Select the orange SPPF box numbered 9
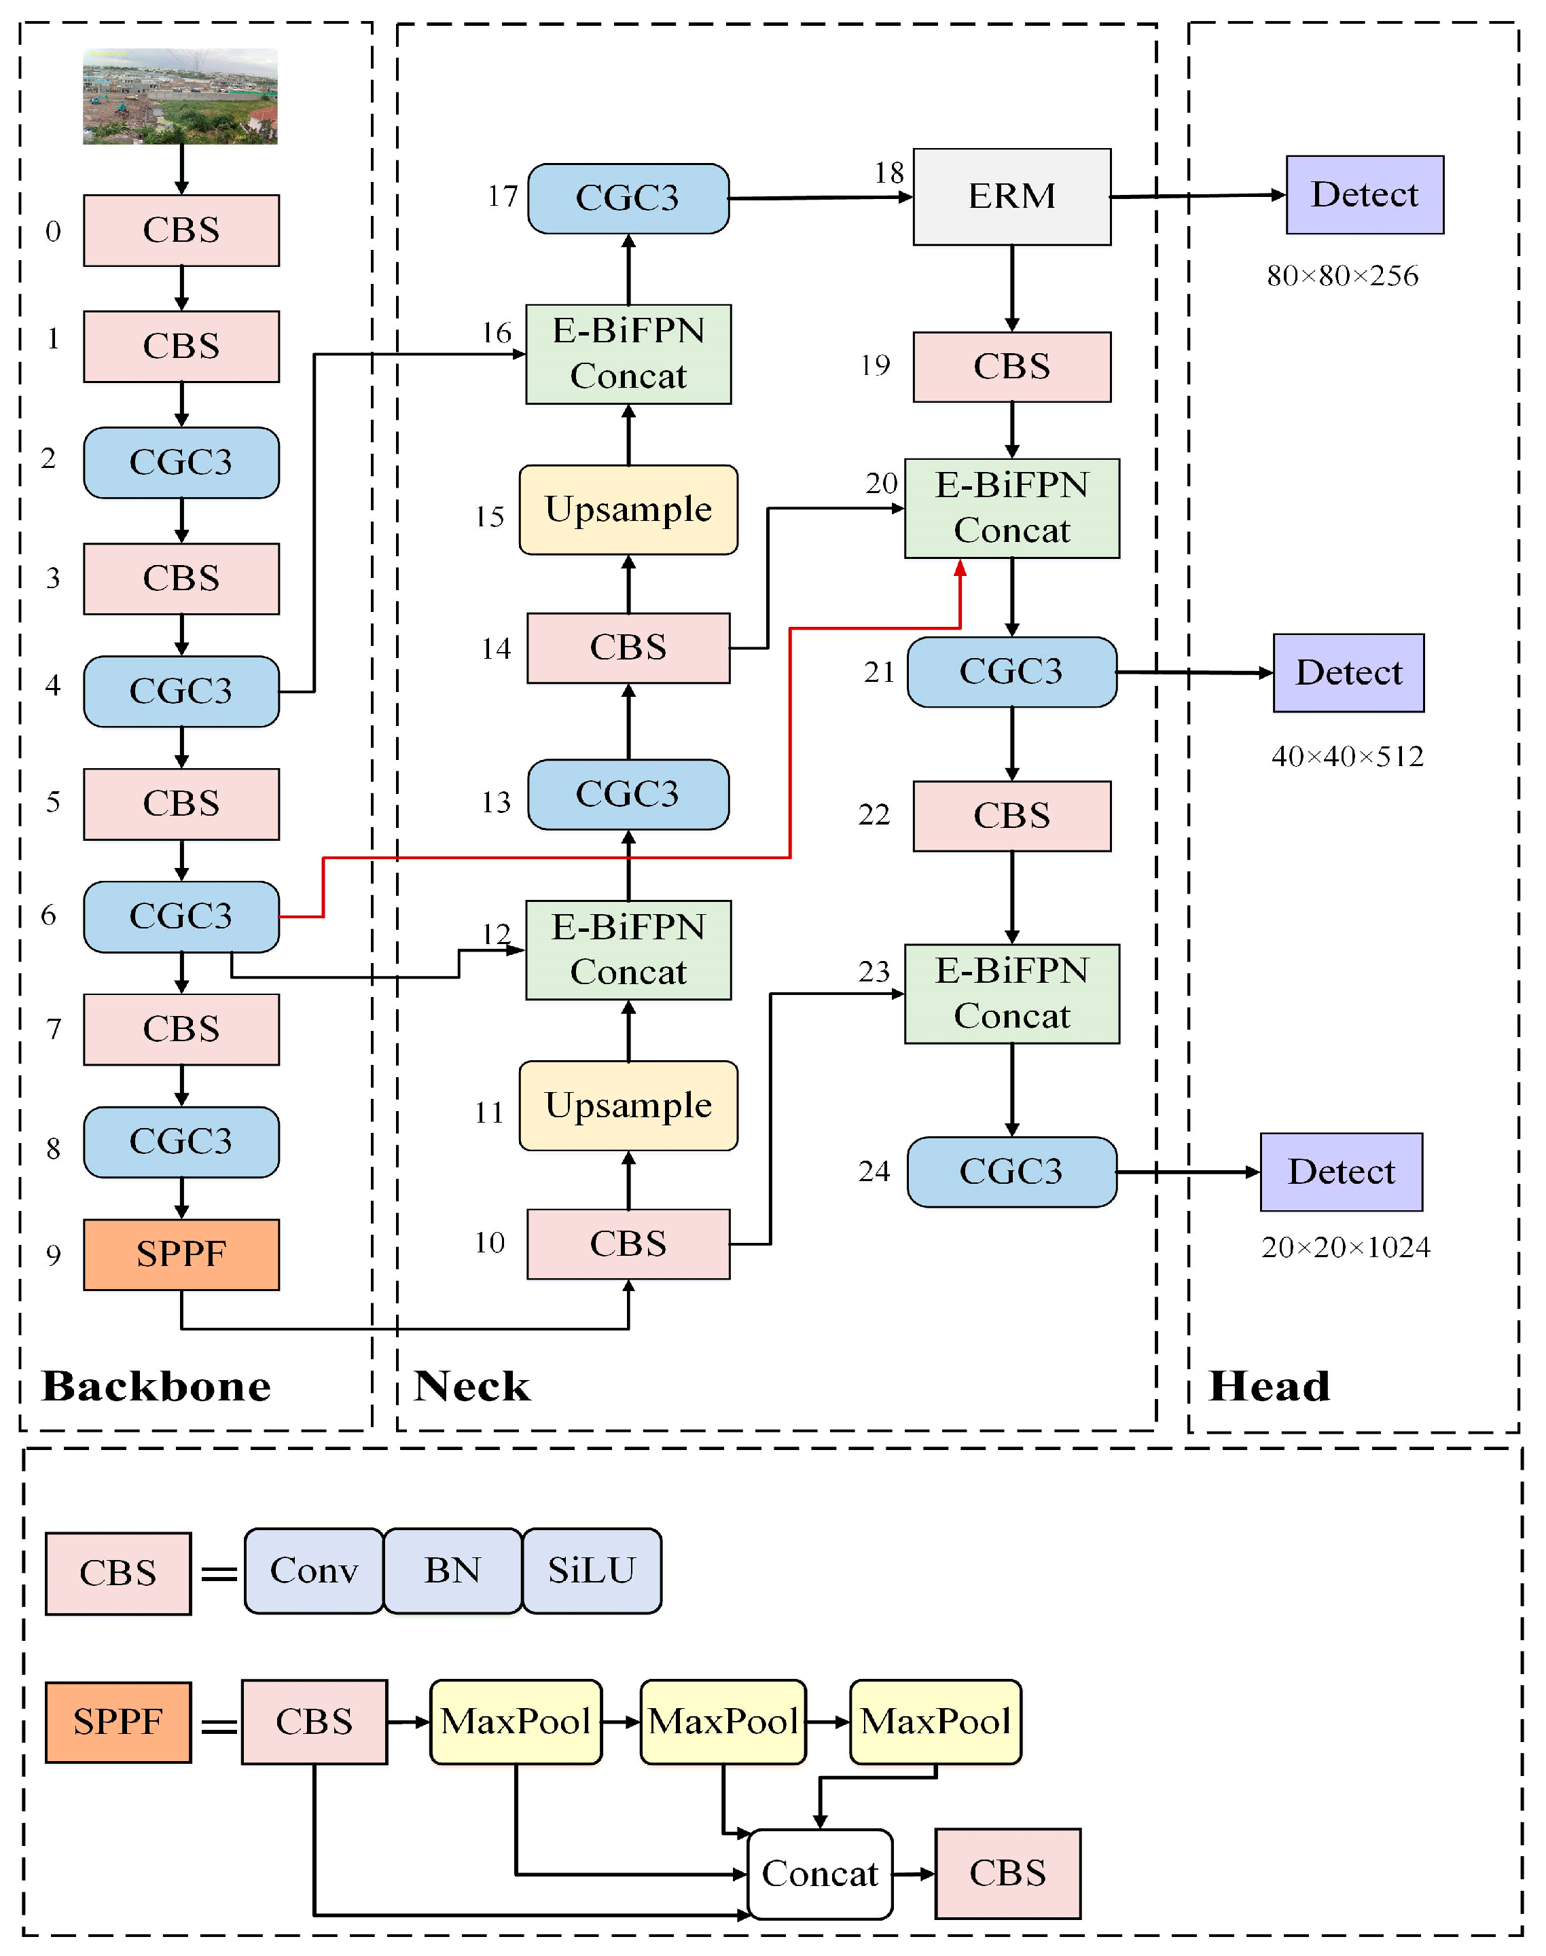point(181,1254)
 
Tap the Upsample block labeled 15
point(628,509)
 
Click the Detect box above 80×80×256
point(1364,195)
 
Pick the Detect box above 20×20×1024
point(1341,1172)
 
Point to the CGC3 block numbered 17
point(628,198)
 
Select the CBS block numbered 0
point(181,230)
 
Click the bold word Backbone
point(157,1385)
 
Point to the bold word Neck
point(471,1385)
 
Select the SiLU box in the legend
point(592,1570)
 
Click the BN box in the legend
point(452,1570)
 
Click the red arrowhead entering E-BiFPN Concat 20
point(960,568)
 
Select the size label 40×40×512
point(1347,756)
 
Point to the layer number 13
point(496,802)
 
